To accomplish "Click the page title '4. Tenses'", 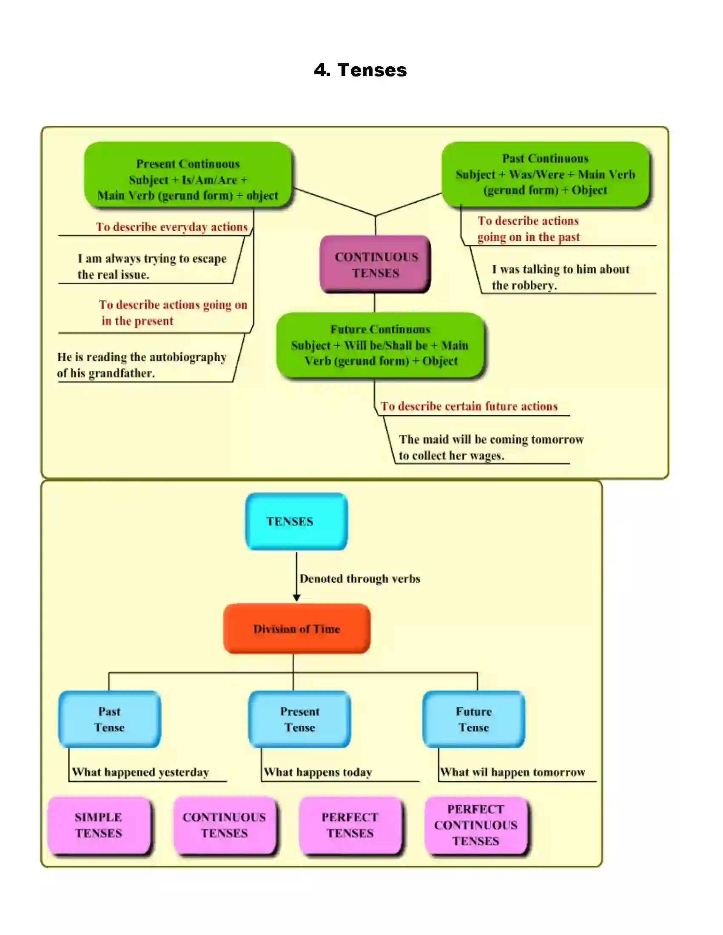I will coord(360,70).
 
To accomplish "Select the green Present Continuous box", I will coord(188,175).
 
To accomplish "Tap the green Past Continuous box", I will coord(545,175).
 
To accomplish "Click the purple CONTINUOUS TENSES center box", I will coord(375,265).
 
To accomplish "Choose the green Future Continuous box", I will coord(380,345).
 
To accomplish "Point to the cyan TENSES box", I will coord(296,521).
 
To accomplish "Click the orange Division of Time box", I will coord(296,629).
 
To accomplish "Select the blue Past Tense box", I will coord(109,719).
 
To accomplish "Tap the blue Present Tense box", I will coord(299,719).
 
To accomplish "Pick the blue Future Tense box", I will coord(473,719).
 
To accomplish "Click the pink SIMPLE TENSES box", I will coord(99,825).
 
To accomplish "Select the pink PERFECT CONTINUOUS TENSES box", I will coord(476,825).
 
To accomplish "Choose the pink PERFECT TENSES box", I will coord(350,825).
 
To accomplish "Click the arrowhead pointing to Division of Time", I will coord(296,598).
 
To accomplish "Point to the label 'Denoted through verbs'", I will coord(360,579).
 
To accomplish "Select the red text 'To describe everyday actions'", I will coord(171,227).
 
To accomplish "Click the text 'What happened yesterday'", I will coord(140,772).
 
